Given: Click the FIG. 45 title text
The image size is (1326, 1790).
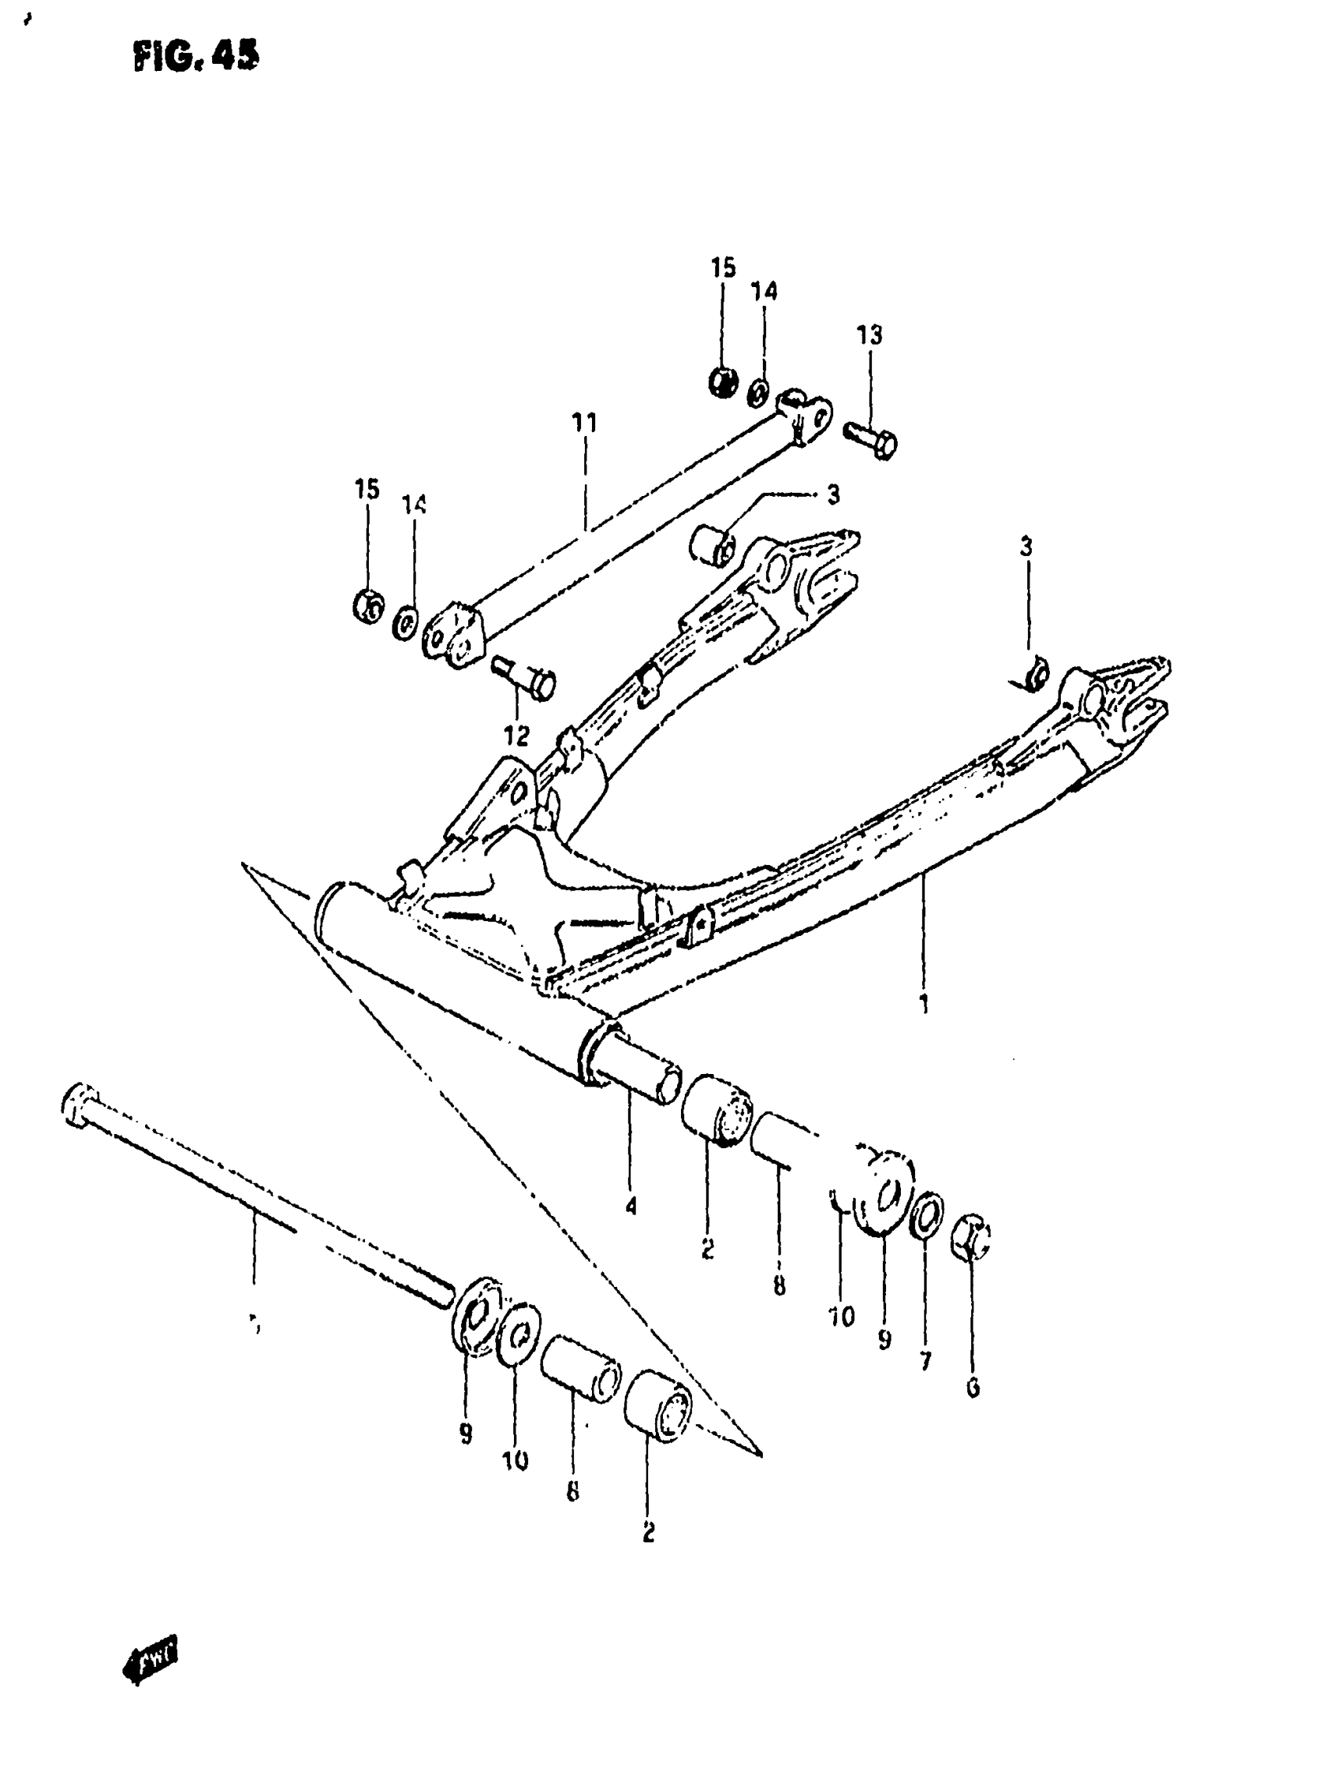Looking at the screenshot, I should point(197,56).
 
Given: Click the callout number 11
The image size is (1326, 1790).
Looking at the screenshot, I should point(584,422).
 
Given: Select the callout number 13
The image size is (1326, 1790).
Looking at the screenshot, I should point(869,334).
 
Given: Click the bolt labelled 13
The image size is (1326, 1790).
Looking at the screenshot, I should point(873,440).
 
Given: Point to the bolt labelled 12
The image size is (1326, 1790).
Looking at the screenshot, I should point(526,676).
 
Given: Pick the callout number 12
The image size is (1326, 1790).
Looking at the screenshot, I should point(517,735).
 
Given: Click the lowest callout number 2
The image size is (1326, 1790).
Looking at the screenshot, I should point(648,1532).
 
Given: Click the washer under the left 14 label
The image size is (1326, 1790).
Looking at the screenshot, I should point(406,623).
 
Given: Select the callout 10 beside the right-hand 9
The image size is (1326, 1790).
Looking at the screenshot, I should point(841,1317).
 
